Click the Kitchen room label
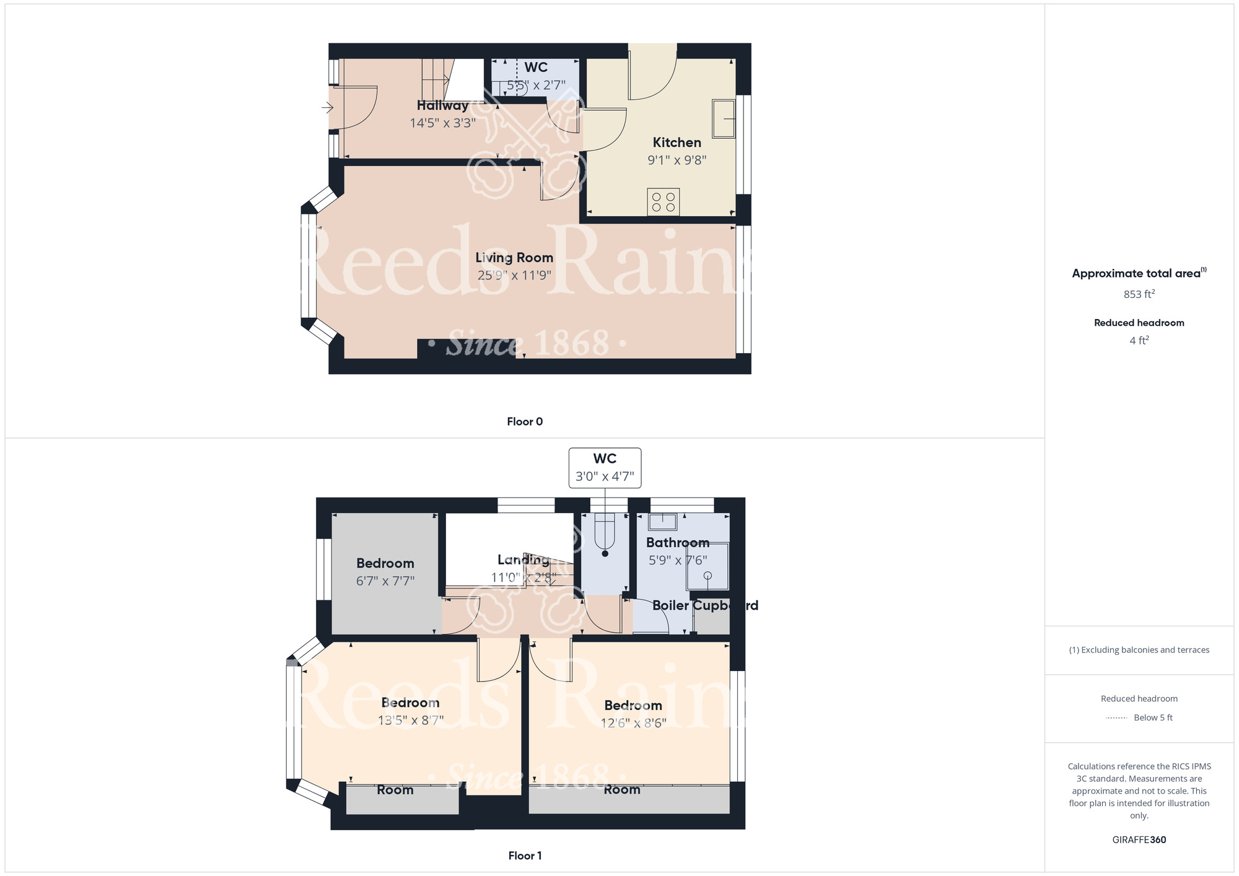click(x=676, y=142)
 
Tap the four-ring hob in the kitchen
click(x=663, y=202)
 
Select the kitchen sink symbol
click(x=723, y=118)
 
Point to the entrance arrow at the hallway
click(x=327, y=108)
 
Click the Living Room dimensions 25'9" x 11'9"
click(x=514, y=275)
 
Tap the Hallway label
click(x=442, y=105)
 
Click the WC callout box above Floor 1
click(x=605, y=468)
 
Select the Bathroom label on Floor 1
click(x=678, y=543)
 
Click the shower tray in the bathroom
click(x=707, y=566)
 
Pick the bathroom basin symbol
click(x=662, y=522)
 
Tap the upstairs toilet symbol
click(x=605, y=533)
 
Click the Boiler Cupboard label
click(x=705, y=605)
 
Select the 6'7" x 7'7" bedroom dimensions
click(x=385, y=581)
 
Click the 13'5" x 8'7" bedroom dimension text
click(x=411, y=721)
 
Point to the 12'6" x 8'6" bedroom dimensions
click(x=633, y=723)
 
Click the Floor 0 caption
click(x=525, y=421)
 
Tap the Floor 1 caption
click(x=525, y=856)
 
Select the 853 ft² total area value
click(x=1139, y=294)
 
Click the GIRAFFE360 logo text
click(x=1139, y=840)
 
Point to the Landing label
click(x=523, y=560)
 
